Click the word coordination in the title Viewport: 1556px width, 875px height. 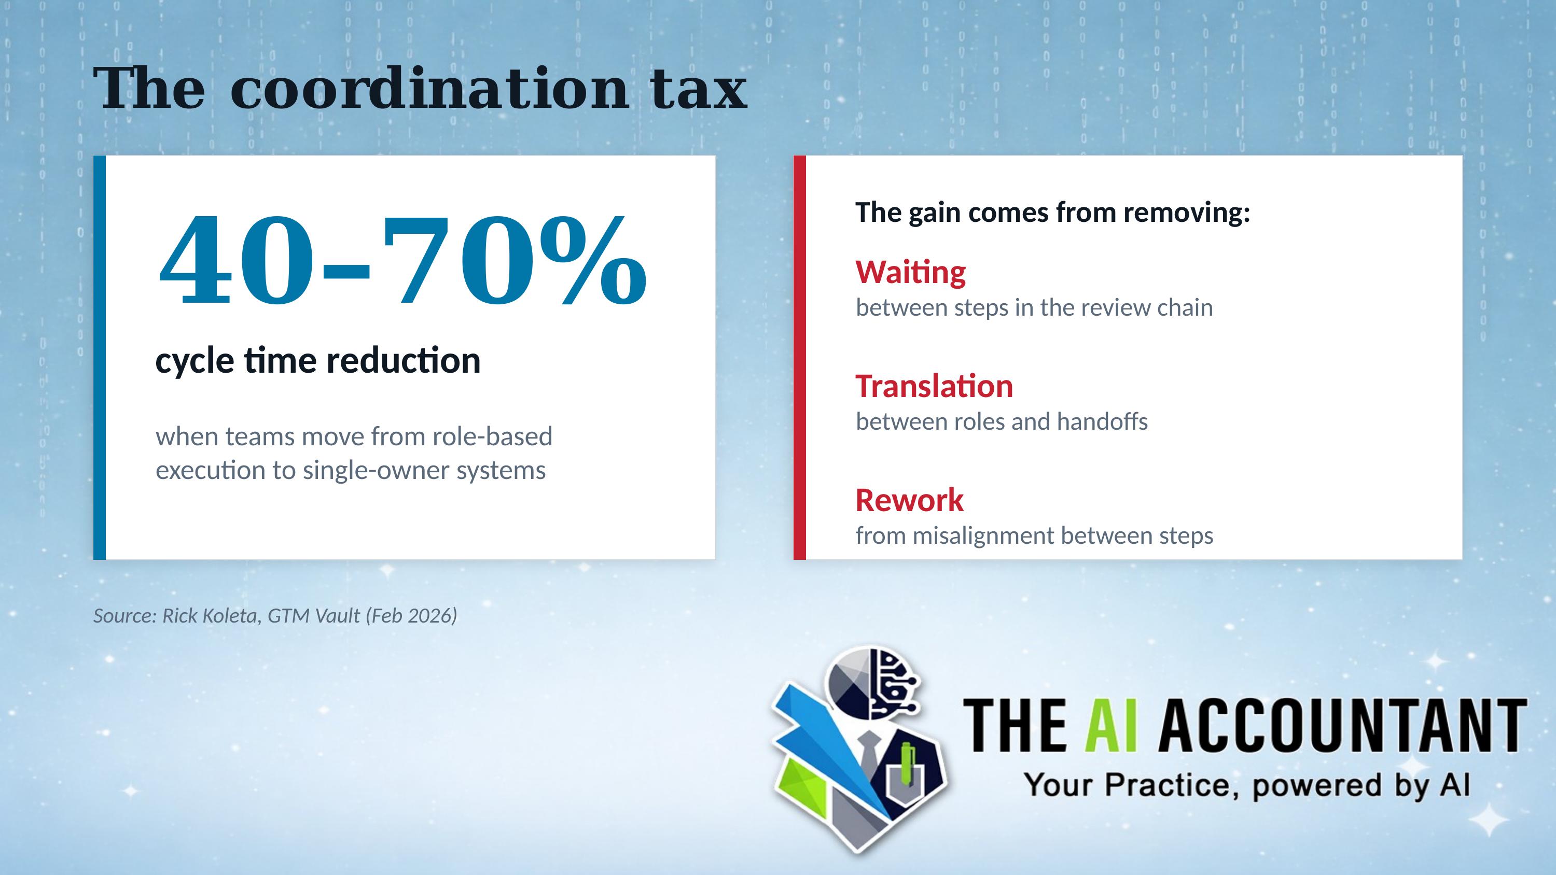coord(429,89)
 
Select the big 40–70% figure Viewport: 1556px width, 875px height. coord(401,260)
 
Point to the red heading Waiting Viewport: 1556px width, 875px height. coord(910,272)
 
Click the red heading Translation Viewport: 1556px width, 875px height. coord(934,387)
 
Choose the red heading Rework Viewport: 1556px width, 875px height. coord(909,500)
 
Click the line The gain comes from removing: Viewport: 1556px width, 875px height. coord(1052,213)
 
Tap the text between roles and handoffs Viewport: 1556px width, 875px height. coord(1002,421)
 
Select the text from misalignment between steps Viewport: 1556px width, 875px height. coord(1034,535)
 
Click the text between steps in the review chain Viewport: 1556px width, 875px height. coord(1034,308)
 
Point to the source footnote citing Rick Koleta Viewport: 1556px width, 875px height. coord(275,615)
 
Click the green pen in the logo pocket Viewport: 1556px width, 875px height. coord(907,765)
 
